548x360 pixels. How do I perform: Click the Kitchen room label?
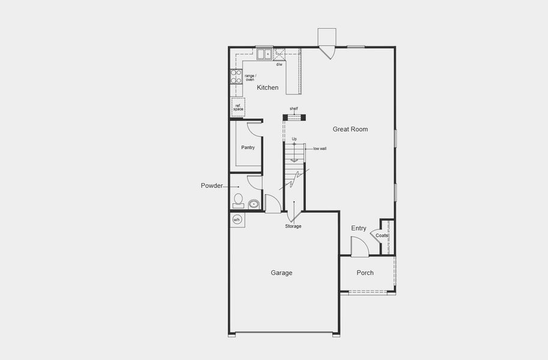tap(268, 88)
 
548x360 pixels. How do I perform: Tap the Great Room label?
tap(351, 129)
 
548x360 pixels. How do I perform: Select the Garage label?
tap(282, 273)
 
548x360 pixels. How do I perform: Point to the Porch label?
tap(365, 273)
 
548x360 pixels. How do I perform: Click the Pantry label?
tap(248, 148)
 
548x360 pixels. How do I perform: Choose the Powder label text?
tap(212, 186)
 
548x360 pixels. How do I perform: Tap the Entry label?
tap(359, 228)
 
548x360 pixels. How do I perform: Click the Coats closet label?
tap(382, 236)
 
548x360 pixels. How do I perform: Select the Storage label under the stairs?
tap(293, 226)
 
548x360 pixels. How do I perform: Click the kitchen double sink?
tap(265, 54)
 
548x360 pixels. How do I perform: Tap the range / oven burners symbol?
tap(236, 76)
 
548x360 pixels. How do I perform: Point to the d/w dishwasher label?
tap(279, 64)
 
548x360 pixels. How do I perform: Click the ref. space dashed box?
tap(238, 107)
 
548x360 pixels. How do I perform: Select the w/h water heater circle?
tap(236, 219)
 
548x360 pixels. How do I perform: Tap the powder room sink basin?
tap(254, 205)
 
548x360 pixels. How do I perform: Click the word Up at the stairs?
tap(294, 139)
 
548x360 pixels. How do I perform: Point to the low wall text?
tap(319, 148)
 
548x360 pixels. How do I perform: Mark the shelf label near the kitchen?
tap(294, 109)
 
